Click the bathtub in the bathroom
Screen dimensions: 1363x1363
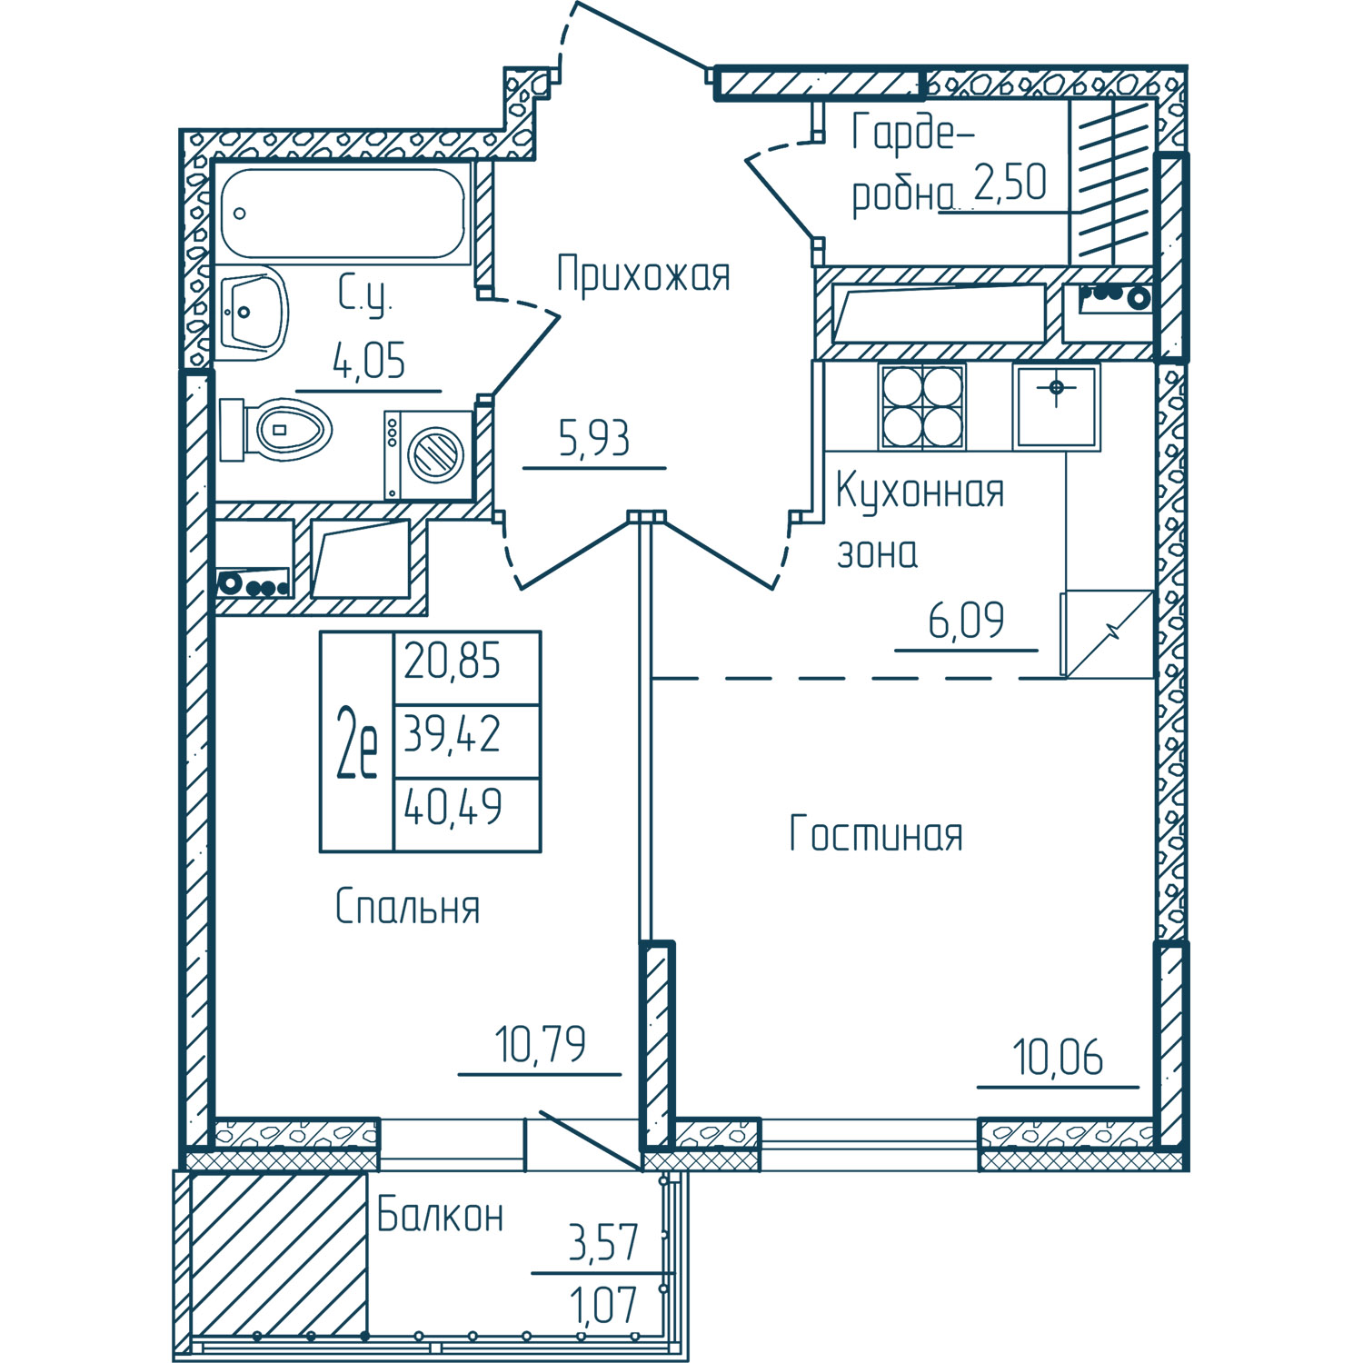pyautogui.click(x=343, y=213)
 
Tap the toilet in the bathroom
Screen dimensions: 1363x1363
pyautogui.click(x=274, y=429)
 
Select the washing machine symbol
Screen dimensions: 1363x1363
pyautogui.click(x=429, y=454)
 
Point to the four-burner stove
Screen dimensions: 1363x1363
pyautogui.click(x=922, y=406)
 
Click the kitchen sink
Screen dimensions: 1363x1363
pyautogui.click(x=1057, y=407)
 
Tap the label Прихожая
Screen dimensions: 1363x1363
pyautogui.click(x=643, y=274)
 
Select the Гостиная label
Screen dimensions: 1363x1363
pyautogui.click(x=876, y=833)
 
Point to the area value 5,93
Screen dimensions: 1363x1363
pyautogui.click(x=594, y=439)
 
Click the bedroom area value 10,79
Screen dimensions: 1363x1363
pyautogui.click(x=541, y=1045)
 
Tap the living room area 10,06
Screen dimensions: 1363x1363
pyautogui.click(x=1058, y=1058)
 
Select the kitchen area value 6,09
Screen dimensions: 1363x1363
pyautogui.click(x=966, y=622)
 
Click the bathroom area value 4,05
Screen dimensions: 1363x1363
pyautogui.click(x=369, y=361)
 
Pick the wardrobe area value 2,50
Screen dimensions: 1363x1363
pyautogui.click(x=1010, y=182)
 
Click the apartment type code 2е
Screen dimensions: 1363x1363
pyautogui.click(x=356, y=742)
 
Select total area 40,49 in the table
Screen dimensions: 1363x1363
pyautogui.click(x=453, y=807)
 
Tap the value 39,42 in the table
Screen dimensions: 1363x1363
pyautogui.click(x=452, y=734)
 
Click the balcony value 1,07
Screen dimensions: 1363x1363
pyautogui.click(x=603, y=1307)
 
